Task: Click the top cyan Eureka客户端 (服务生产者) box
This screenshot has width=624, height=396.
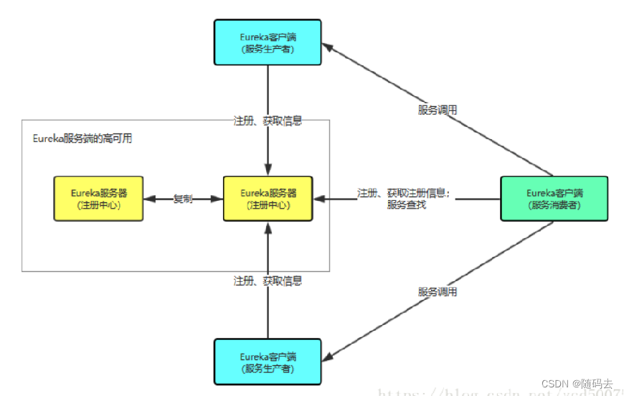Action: click(x=268, y=43)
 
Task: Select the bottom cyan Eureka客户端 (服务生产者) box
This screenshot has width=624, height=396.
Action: click(x=268, y=361)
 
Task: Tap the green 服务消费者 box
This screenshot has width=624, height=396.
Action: click(x=554, y=198)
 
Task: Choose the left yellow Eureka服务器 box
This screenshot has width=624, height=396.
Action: click(x=99, y=198)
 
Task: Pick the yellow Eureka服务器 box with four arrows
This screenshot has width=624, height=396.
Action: click(x=268, y=198)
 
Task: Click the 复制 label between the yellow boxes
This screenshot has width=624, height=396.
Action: click(x=183, y=199)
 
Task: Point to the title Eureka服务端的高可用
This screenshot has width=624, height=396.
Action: click(x=82, y=138)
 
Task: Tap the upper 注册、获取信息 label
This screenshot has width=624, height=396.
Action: click(x=268, y=121)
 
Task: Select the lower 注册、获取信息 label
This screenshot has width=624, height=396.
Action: click(x=268, y=280)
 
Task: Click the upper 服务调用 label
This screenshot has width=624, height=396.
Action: click(x=438, y=110)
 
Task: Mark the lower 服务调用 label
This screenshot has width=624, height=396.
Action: click(x=438, y=292)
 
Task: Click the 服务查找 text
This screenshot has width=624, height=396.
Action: click(x=407, y=205)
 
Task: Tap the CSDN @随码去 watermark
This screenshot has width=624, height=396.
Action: click(x=577, y=384)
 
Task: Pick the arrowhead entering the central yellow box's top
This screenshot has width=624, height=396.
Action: click(x=268, y=171)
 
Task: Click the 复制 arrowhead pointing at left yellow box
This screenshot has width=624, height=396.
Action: click(x=149, y=199)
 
